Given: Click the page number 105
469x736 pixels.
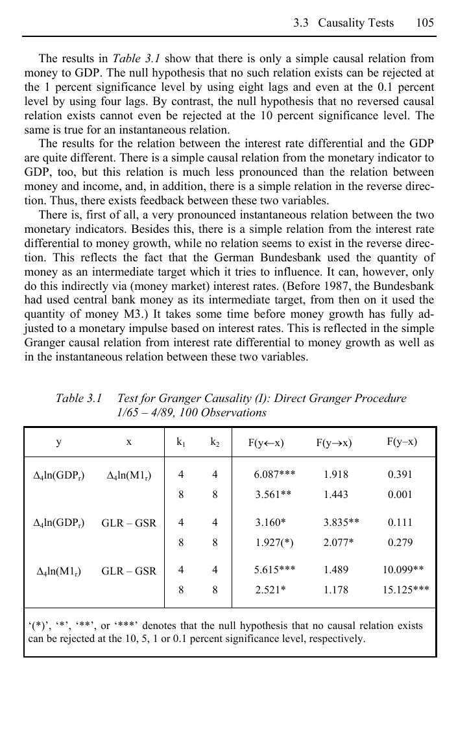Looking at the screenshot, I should [425, 23].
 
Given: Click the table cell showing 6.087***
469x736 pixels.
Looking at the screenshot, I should [274, 474].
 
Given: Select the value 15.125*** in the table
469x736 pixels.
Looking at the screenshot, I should [405, 590].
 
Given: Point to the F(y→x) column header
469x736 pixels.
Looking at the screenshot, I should [334, 443].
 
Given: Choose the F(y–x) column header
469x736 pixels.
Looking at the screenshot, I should [402, 442].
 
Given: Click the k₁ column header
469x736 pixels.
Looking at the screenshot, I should [181, 442].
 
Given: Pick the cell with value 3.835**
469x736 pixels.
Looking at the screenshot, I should [341, 522].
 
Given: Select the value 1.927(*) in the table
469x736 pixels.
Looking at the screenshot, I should [273, 542].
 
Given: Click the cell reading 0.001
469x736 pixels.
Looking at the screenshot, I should [400, 494].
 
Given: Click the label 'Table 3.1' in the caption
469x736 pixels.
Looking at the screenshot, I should [78, 398].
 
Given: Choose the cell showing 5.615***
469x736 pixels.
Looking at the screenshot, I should [274, 570].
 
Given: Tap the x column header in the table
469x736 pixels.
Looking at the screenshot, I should [129, 442].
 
